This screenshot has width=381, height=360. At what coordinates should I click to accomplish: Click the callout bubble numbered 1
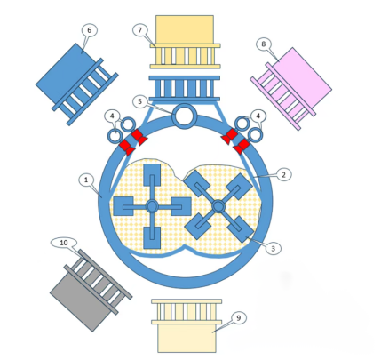click(x=86, y=180)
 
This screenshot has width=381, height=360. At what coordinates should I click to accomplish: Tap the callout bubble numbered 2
click(x=283, y=174)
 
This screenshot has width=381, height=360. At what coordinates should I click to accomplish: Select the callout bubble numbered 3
click(x=273, y=248)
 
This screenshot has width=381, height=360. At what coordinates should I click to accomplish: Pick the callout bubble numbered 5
click(x=140, y=101)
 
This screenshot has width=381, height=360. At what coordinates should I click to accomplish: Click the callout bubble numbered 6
click(x=90, y=30)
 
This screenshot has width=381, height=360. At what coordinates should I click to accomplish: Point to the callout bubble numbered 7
click(x=140, y=29)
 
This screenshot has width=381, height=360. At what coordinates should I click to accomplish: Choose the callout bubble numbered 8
click(x=263, y=44)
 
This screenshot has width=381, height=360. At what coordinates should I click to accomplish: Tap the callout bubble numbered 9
click(x=239, y=318)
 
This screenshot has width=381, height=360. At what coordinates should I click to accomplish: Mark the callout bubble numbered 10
click(x=64, y=243)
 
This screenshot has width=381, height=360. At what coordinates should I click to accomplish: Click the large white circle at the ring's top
click(x=185, y=116)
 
